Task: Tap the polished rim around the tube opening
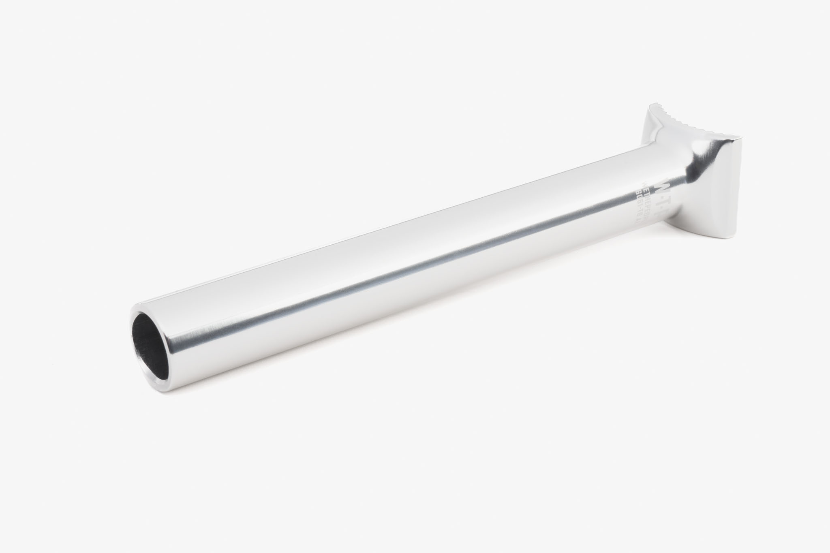click(134, 320)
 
